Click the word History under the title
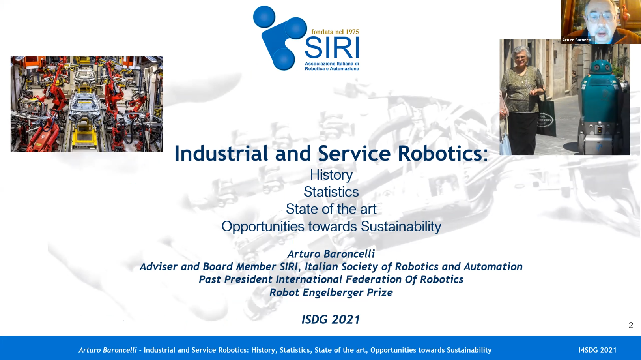[x=331, y=175]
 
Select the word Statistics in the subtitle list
[x=331, y=192]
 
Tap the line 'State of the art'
[x=331, y=209]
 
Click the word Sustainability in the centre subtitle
[x=401, y=227]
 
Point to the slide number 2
[x=631, y=325]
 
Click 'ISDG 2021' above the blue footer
[x=331, y=319]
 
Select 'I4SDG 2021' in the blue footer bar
[x=598, y=350]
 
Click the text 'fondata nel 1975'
[x=335, y=32]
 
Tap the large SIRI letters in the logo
[x=332, y=48]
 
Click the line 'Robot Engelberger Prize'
[x=331, y=292]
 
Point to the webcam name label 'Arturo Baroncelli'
[x=578, y=40]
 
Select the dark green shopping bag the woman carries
[x=546, y=117]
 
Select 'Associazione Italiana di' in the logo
[x=332, y=64]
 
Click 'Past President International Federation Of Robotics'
[x=331, y=279]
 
